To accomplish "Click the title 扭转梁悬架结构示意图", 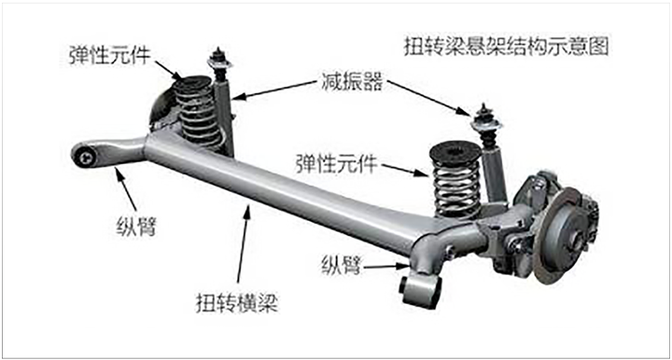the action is (x=506, y=47).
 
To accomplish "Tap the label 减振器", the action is (x=352, y=81).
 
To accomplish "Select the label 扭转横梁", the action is (x=237, y=303).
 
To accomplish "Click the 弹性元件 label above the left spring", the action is (x=110, y=55).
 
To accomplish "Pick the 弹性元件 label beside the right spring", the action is (x=336, y=163).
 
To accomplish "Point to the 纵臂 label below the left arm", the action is (x=136, y=226).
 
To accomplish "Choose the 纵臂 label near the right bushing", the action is (x=342, y=265).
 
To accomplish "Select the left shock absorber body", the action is (x=224, y=116).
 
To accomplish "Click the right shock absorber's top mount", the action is (x=486, y=121).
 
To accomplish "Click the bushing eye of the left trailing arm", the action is (x=85, y=157).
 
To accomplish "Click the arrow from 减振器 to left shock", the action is (x=273, y=90).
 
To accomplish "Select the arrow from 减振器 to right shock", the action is (x=429, y=99).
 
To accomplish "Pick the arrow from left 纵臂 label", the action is (x=125, y=189).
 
